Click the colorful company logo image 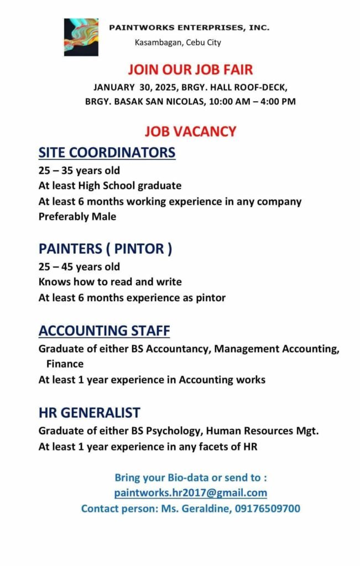tap(81, 37)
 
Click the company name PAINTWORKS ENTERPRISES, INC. tap(189, 27)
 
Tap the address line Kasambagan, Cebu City tap(178, 43)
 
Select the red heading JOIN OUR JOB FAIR tap(190, 70)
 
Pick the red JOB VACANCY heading tap(190, 132)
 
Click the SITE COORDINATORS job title tap(107, 153)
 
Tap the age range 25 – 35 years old tap(79, 170)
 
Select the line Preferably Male tap(77, 217)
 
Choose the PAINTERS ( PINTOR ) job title tap(105, 249)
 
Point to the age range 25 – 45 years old tap(79, 267)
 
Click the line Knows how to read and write tap(110, 282)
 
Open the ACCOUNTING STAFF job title tap(104, 331)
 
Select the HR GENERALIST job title tap(89, 412)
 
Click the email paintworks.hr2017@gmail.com tap(191, 492)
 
